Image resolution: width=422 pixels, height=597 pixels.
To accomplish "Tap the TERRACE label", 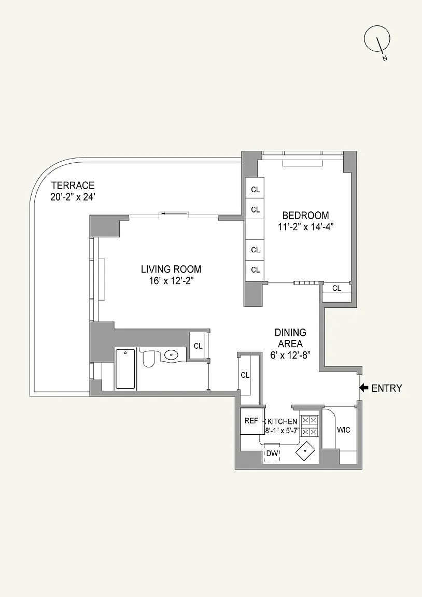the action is pyautogui.click(x=73, y=186).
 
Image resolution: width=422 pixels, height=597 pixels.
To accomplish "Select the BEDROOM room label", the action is pyautogui.click(x=305, y=215).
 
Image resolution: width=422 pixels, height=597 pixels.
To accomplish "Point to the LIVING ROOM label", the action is pyautogui.click(x=171, y=269).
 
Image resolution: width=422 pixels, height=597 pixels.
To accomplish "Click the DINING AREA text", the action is pyautogui.click(x=291, y=338).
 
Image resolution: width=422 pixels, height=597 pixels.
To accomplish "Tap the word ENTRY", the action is pyautogui.click(x=387, y=388).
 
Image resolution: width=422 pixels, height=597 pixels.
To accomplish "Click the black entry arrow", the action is pyautogui.click(x=364, y=388).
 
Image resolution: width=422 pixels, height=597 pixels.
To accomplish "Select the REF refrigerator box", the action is pyautogui.click(x=251, y=421).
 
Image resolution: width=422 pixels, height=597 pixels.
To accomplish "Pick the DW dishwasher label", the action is pyautogui.click(x=272, y=453).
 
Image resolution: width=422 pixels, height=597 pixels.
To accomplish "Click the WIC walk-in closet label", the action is pyautogui.click(x=344, y=430).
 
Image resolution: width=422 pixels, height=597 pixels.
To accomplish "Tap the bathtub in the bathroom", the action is pyautogui.click(x=125, y=369).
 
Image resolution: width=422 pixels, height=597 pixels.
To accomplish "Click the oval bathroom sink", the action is pyautogui.click(x=172, y=355).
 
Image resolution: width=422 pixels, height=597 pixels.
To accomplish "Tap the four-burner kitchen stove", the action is pyautogui.click(x=310, y=425).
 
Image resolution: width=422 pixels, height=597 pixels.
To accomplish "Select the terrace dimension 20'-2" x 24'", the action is pyautogui.click(x=73, y=197).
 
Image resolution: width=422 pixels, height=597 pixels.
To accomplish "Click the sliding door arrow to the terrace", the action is pyautogui.click(x=165, y=214).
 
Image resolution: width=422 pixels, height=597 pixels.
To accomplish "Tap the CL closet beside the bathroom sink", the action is pyautogui.click(x=198, y=346).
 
